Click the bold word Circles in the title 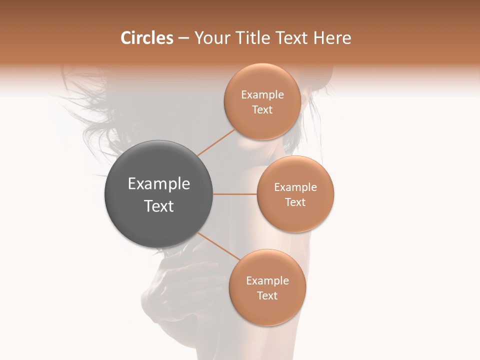pyautogui.click(x=146, y=38)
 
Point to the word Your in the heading pyautogui.click(x=212, y=38)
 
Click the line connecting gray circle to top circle pyautogui.click(x=216, y=143)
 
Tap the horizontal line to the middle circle pyautogui.click(x=235, y=194)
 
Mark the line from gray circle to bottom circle pyautogui.click(x=218, y=246)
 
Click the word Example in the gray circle pyautogui.click(x=159, y=184)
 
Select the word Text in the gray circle pyautogui.click(x=159, y=206)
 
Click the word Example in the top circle pyautogui.click(x=262, y=95)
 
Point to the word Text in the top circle pyautogui.click(x=262, y=110)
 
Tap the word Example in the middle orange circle pyautogui.click(x=295, y=187)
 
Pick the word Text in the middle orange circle pyautogui.click(x=295, y=202)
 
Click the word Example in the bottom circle pyautogui.click(x=267, y=281)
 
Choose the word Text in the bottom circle pyautogui.click(x=267, y=296)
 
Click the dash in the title pyautogui.click(x=183, y=38)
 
